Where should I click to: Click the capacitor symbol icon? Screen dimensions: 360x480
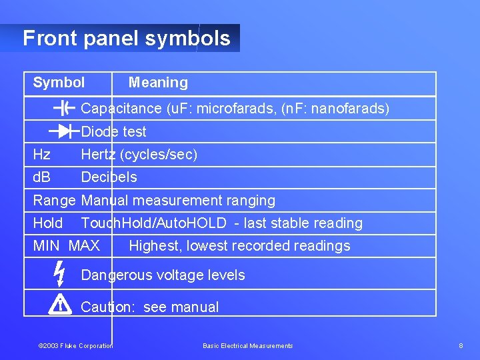click(63, 109)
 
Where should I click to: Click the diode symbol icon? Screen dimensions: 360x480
click(63, 131)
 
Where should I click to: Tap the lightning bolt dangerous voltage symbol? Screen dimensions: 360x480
click(59, 274)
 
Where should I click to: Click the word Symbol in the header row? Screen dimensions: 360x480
click(59, 83)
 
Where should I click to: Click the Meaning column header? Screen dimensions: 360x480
click(158, 83)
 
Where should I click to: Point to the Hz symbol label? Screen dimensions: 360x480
click(41, 155)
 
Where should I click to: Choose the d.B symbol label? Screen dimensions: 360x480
click(42, 177)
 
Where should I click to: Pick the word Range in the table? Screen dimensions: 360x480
click(55, 201)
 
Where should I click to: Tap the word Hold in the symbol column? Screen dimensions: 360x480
click(48, 223)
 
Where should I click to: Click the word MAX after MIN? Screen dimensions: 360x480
click(84, 246)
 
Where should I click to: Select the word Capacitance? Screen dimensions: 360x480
click(121, 109)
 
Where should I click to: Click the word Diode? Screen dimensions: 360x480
click(97, 132)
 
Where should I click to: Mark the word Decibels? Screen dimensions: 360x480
click(109, 177)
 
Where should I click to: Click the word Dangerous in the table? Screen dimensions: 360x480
click(114, 275)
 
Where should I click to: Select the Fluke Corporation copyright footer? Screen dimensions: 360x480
click(75, 345)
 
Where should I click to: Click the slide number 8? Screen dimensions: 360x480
click(461, 345)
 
